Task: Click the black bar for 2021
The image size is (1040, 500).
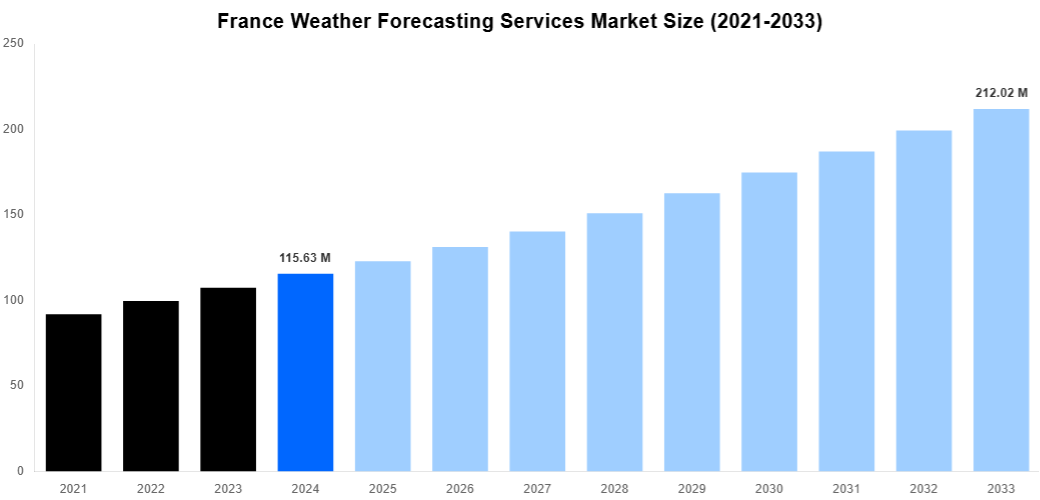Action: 73,392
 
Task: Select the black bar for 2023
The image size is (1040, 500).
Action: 228,379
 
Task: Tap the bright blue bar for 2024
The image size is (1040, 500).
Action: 305,372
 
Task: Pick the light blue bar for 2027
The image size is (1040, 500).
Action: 537,351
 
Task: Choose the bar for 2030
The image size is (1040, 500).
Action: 769,321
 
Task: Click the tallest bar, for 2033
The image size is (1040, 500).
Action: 1001,290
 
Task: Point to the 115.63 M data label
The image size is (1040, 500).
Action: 305,258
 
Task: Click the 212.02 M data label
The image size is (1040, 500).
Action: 1001,93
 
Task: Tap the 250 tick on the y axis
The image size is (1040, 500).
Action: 14,44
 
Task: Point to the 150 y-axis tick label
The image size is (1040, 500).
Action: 14,215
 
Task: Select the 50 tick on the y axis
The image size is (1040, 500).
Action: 17,385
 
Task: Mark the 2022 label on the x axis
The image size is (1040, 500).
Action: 150,489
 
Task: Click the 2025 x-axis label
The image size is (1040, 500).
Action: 382,489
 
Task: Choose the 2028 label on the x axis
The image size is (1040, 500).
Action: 614,489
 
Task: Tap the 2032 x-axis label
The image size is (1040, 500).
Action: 923,489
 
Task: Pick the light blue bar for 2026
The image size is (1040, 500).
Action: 460,359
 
